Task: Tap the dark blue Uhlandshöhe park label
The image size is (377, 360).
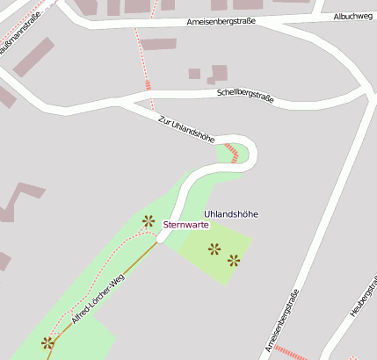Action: pyautogui.click(x=231, y=214)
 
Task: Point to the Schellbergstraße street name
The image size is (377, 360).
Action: pyautogui.click(x=244, y=95)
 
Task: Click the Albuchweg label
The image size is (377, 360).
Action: pyautogui.click(x=352, y=17)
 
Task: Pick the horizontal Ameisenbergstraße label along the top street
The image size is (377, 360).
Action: pyautogui.click(x=221, y=21)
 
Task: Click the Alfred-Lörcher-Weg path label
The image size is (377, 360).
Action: pyautogui.click(x=98, y=300)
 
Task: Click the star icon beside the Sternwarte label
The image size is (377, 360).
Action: pyautogui.click(x=148, y=221)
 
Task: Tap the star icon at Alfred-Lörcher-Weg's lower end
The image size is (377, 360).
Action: pyautogui.click(x=47, y=343)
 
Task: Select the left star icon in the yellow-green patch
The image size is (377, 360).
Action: pyautogui.click(x=214, y=249)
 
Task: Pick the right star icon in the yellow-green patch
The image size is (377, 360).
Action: pyautogui.click(x=234, y=259)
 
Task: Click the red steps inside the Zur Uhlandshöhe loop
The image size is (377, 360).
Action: pyautogui.click(x=232, y=153)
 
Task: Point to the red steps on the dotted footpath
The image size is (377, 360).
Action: pyautogui.click(x=149, y=85)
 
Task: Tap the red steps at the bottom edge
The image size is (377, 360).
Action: pyautogui.click(x=290, y=353)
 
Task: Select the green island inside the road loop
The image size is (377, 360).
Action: pyautogui.click(x=234, y=156)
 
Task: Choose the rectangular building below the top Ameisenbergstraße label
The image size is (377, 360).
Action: pyautogui.click(x=158, y=44)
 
